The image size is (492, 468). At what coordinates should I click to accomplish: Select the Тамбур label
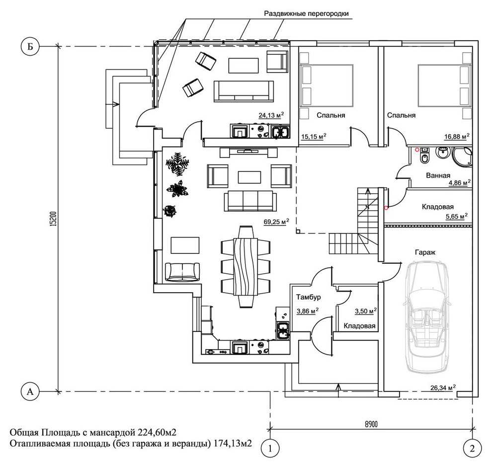pos(308,297)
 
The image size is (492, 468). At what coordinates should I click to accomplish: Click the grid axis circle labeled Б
pos(30,47)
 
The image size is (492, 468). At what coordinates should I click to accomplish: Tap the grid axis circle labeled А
pos(30,391)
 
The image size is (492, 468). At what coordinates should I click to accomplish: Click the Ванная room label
pos(438,175)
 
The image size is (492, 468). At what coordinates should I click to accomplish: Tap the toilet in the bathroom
pos(424,157)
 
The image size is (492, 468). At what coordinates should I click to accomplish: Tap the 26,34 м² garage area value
pos(443,388)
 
